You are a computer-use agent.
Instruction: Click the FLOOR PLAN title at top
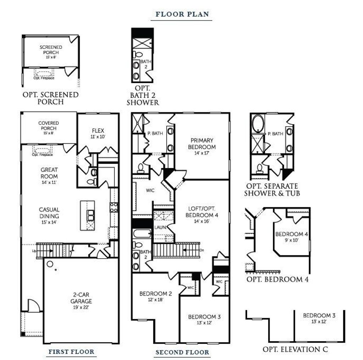[182, 15]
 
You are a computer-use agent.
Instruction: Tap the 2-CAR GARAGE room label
[81, 298]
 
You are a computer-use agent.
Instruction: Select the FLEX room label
[98, 131]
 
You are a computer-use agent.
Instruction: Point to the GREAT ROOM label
[49, 173]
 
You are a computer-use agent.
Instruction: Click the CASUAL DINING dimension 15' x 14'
[49, 222]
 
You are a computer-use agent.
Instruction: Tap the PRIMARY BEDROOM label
[202, 143]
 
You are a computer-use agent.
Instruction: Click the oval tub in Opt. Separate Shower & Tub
[257, 123]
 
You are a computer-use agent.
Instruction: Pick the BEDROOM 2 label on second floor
[156, 294]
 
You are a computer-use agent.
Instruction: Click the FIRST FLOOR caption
[71, 352]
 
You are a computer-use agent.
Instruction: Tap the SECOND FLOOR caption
[182, 352]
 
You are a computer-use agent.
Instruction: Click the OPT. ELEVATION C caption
[295, 349]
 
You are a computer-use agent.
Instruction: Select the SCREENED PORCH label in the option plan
[51, 50]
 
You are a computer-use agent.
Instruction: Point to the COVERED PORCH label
[49, 126]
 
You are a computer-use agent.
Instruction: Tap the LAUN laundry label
[158, 227]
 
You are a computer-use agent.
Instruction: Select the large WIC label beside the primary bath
[150, 190]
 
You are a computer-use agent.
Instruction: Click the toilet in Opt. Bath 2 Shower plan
[137, 55]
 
